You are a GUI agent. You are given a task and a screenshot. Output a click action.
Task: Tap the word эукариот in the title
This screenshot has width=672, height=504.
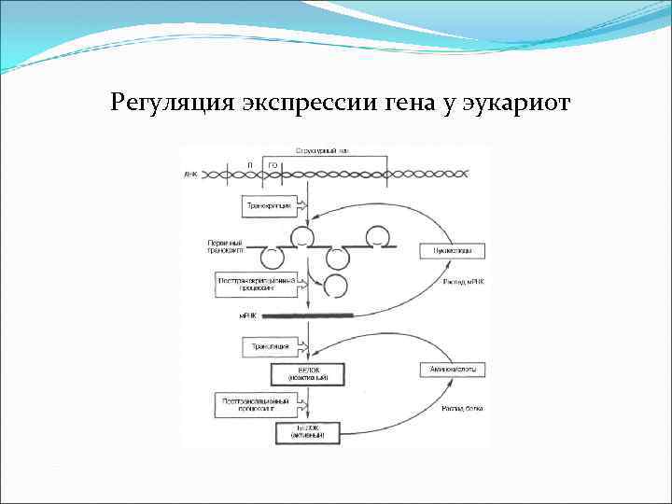coord(517,101)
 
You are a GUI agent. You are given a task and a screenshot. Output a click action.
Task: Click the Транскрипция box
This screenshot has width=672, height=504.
coord(269,203)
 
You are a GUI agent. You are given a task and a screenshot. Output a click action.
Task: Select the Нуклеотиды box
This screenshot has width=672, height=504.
coord(453,250)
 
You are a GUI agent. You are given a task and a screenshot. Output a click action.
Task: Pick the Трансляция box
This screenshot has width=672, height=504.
coord(267,347)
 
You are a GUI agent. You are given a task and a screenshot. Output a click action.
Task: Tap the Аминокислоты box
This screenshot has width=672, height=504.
coord(453,371)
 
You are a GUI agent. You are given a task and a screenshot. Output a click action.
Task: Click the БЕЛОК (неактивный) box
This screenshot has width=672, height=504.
coord(308,375)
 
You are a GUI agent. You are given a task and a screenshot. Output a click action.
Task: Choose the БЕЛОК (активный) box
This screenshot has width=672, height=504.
coord(308,432)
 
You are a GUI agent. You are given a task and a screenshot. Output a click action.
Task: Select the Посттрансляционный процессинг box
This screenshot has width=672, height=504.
coord(258,404)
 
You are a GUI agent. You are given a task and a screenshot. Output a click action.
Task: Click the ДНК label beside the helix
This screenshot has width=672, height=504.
coord(191,174)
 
